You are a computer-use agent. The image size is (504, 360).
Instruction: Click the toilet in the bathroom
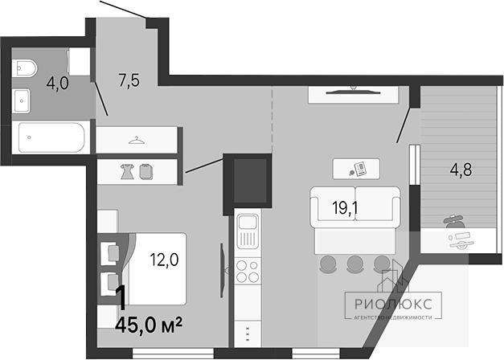coord(25,67)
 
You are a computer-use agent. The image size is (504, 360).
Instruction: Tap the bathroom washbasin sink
coord(22,101)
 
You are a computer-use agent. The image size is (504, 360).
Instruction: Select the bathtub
coord(51,137)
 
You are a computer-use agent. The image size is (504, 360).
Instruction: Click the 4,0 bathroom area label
coord(58,84)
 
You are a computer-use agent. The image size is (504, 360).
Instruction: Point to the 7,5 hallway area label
coord(129,80)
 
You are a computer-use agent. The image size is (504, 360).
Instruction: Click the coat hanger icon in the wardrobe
coord(137,140)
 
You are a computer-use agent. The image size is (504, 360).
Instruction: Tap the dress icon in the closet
coord(128,171)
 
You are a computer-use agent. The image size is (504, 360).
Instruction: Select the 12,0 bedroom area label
coord(164,260)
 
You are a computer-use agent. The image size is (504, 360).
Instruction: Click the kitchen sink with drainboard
coord(248,232)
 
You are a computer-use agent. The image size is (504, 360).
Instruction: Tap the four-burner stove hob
coord(248,271)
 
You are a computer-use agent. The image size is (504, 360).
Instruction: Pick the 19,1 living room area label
coord(345,208)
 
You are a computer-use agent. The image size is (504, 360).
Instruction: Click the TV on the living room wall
coord(353,92)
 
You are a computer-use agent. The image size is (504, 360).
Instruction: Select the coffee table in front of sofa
coord(356,169)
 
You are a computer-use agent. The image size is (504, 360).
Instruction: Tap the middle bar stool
coord(354,264)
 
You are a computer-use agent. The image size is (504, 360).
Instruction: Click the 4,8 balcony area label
coord(461,170)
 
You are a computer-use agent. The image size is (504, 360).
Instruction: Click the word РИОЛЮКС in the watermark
coord(393,304)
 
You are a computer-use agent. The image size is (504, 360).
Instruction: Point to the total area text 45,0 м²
coord(149,325)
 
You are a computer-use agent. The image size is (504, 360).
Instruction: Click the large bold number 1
coord(121,298)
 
